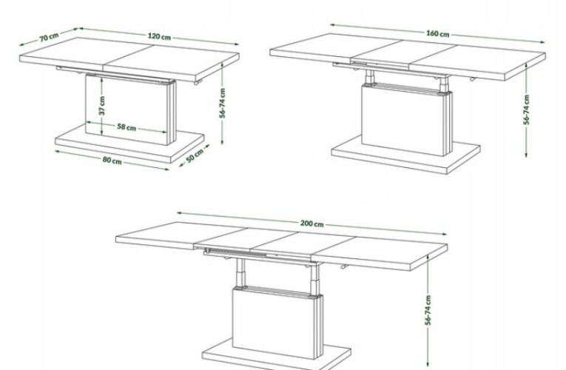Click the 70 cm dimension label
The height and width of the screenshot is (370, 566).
tap(49, 37)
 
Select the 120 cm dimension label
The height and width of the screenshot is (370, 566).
tap(159, 36)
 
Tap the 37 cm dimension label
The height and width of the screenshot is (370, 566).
tap(102, 106)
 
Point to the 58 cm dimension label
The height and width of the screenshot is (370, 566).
tap(127, 127)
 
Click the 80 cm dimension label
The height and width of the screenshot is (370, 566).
tap(112, 161)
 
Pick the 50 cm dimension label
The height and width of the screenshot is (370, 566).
tap(195, 155)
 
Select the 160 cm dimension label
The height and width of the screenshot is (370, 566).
tap(438, 33)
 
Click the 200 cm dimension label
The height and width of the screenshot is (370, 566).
tap(312, 223)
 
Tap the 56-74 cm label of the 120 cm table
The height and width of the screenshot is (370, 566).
tap(223, 104)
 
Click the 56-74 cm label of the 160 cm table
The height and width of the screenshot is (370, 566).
tap(527, 110)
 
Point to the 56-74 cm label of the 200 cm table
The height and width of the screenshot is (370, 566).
tap(428, 310)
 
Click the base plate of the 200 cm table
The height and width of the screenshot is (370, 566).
tap(277, 355)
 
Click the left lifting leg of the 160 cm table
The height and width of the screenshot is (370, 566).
tap(369, 77)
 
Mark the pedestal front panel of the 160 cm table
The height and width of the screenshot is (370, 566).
tap(402, 119)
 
